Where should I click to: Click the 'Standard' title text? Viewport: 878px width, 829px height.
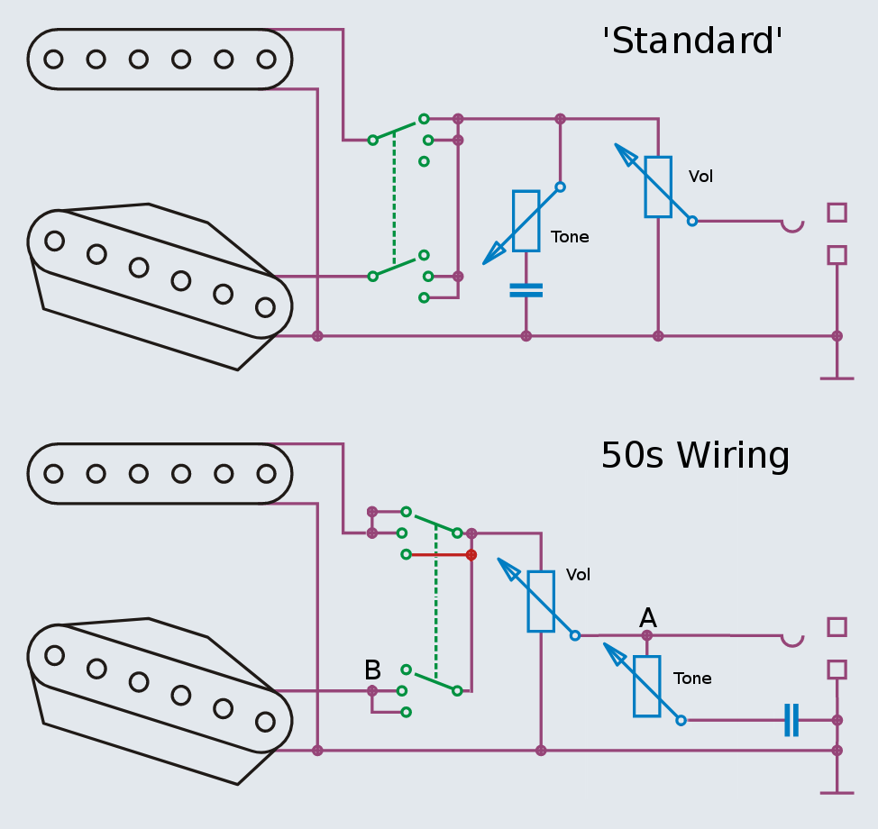(x=692, y=41)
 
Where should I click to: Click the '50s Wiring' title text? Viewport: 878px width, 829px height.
(x=695, y=456)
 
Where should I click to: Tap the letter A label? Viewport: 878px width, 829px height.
(x=647, y=618)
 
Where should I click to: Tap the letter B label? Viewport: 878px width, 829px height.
(x=372, y=670)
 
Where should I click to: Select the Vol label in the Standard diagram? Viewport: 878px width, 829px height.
(x=700, y=177)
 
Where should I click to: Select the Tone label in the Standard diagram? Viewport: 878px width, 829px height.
(x=570, y=237)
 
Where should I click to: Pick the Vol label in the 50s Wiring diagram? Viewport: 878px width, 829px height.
(x=578, y=575)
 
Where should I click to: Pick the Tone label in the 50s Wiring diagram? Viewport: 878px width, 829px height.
(x=692, y=679)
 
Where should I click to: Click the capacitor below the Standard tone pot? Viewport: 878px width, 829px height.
(x=526, y=290)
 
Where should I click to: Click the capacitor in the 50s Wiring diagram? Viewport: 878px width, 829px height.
(x=791, y=720)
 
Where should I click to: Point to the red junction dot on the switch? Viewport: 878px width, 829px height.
(x=471, y=554)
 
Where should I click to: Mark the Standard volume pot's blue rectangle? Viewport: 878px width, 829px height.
(x=658, y=187)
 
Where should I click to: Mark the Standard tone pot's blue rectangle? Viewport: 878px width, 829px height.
(x=526, y=221)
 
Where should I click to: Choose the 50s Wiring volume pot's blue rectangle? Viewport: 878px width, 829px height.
(x=541, y=601)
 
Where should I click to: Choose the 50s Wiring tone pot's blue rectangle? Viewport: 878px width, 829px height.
(x=646, y=686)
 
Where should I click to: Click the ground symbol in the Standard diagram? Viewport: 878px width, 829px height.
(x=837, y=377)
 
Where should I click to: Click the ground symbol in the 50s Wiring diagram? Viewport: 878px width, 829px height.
(x=837, y=791)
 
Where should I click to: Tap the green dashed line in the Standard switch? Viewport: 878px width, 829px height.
(x=394, y=203)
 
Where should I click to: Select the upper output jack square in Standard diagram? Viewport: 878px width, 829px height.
(x=837, y=213)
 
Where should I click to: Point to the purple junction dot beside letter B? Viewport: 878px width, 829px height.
(x=372, y=691)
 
